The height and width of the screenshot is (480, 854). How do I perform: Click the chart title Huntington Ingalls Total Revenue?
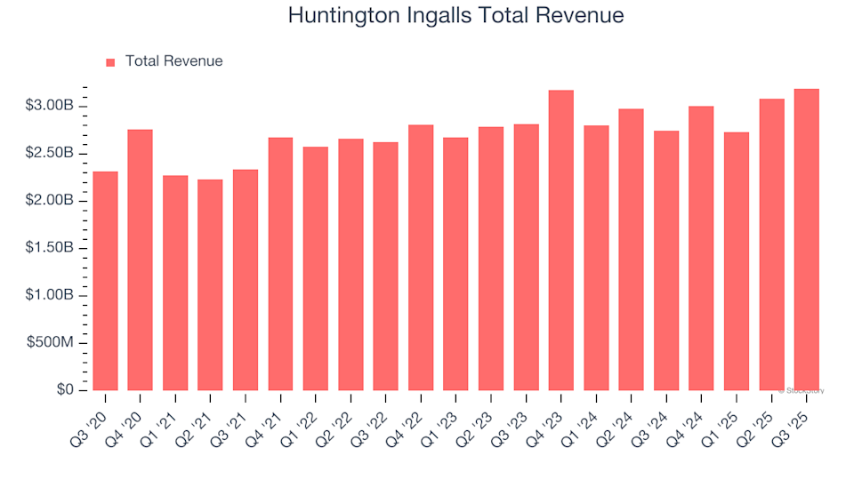(x=455, y=16)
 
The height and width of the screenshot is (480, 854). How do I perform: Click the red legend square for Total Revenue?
(x=110, y=62)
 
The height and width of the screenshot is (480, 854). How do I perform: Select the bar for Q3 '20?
(x=105, y=281)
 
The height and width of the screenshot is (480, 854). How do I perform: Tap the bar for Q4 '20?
(x=140, y=260)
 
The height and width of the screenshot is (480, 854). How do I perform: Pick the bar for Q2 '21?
(x=210, y=284)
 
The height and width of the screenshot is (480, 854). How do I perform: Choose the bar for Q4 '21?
(x=280, y=264)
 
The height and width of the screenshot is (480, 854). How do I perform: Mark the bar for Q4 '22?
(x=421, y=258)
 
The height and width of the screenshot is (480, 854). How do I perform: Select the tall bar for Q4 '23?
(x=561, y=240)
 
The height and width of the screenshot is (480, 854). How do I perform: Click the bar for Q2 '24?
(x=632, y=250)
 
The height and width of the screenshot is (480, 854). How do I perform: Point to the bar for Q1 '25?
(x=737, y=261)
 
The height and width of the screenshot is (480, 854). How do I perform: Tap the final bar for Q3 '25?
(x=807, y=240)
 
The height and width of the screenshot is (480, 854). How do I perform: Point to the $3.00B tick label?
(x=51, y=106)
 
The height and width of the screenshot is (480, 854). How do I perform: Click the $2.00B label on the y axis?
(x=51, y=201)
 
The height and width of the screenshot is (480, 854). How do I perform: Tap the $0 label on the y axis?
(x=65, y=390)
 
